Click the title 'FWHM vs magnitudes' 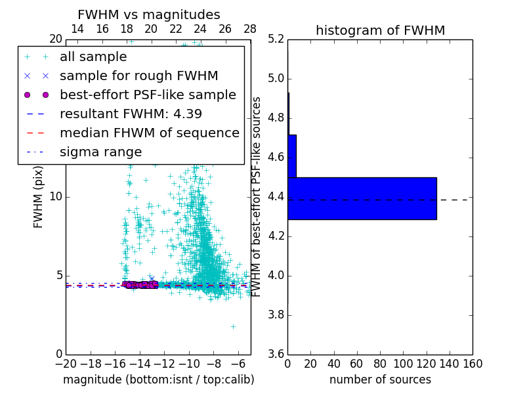click(149, 15)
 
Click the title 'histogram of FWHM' click(380, 30)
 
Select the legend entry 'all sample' click(93, 57)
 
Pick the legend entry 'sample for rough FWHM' click(138, 76)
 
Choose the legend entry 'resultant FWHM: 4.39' click(131, 114)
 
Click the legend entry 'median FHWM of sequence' click(149, 133)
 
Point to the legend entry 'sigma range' click(100, 152)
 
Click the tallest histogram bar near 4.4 click(362, 198)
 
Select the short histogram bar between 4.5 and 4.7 click(292, 156)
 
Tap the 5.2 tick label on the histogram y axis click(276, 39)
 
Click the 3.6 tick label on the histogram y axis click(276, 354)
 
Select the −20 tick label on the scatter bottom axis click(66, 364)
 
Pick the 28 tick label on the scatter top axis click(250, 29)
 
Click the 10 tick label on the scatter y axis click(56, 197)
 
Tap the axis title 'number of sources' click(380, 380)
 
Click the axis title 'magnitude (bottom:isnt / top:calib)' click(158, 380)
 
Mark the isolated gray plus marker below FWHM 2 click(233, 326)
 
